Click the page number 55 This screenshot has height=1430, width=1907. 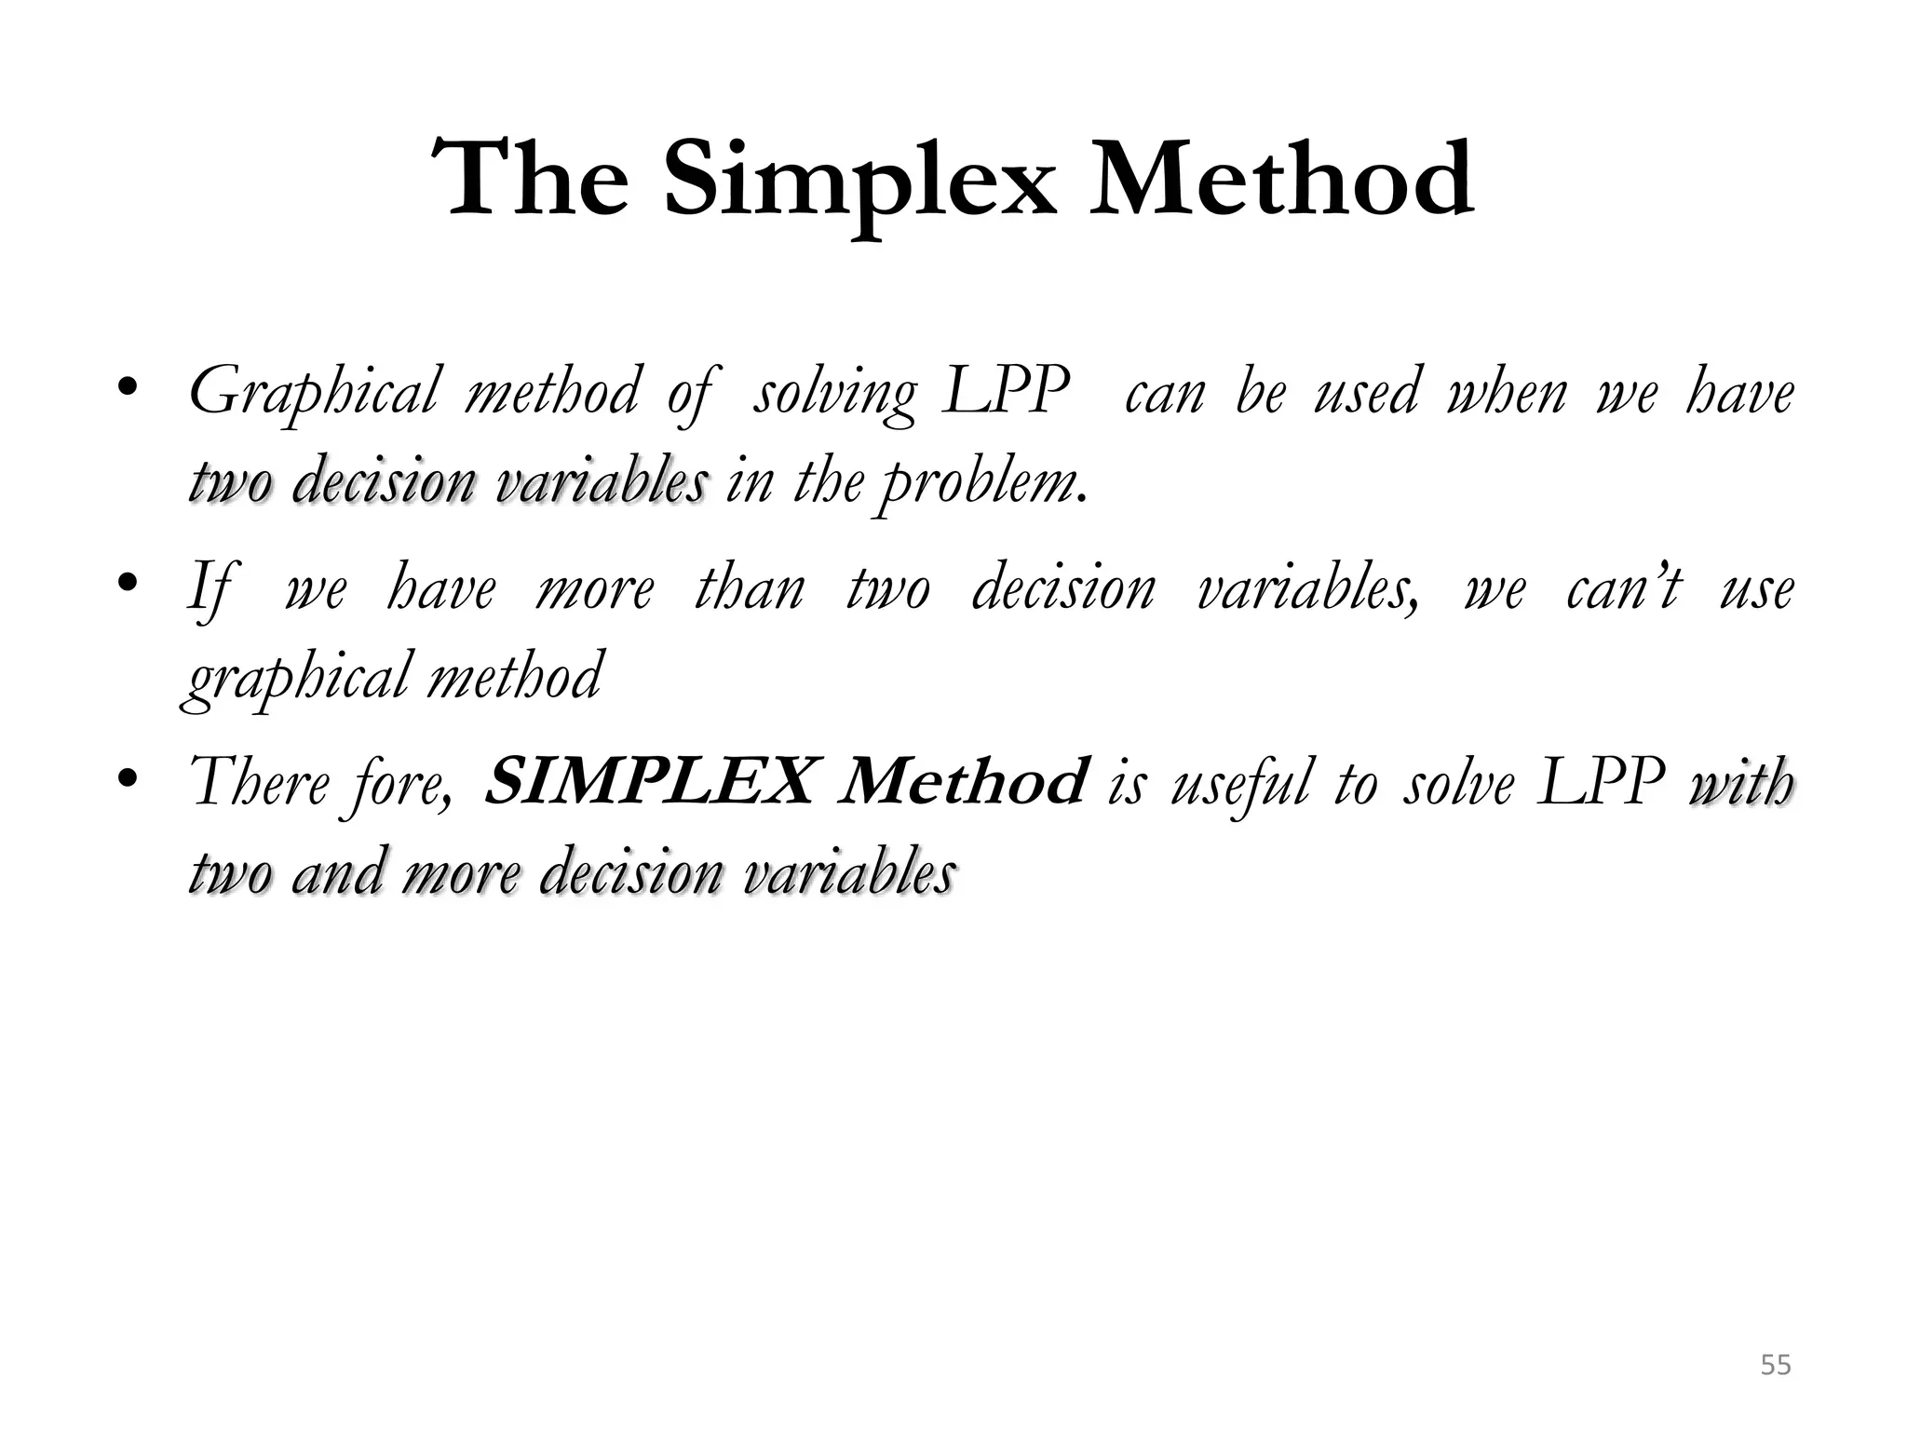pos(1776,1366)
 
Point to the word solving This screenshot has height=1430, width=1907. pos(834,394)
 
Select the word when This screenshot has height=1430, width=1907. pos(1508,392)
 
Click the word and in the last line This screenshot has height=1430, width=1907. pos(336,874)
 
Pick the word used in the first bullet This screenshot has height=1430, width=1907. pos(1366,392)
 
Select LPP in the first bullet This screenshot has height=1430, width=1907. pos(1005,392)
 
